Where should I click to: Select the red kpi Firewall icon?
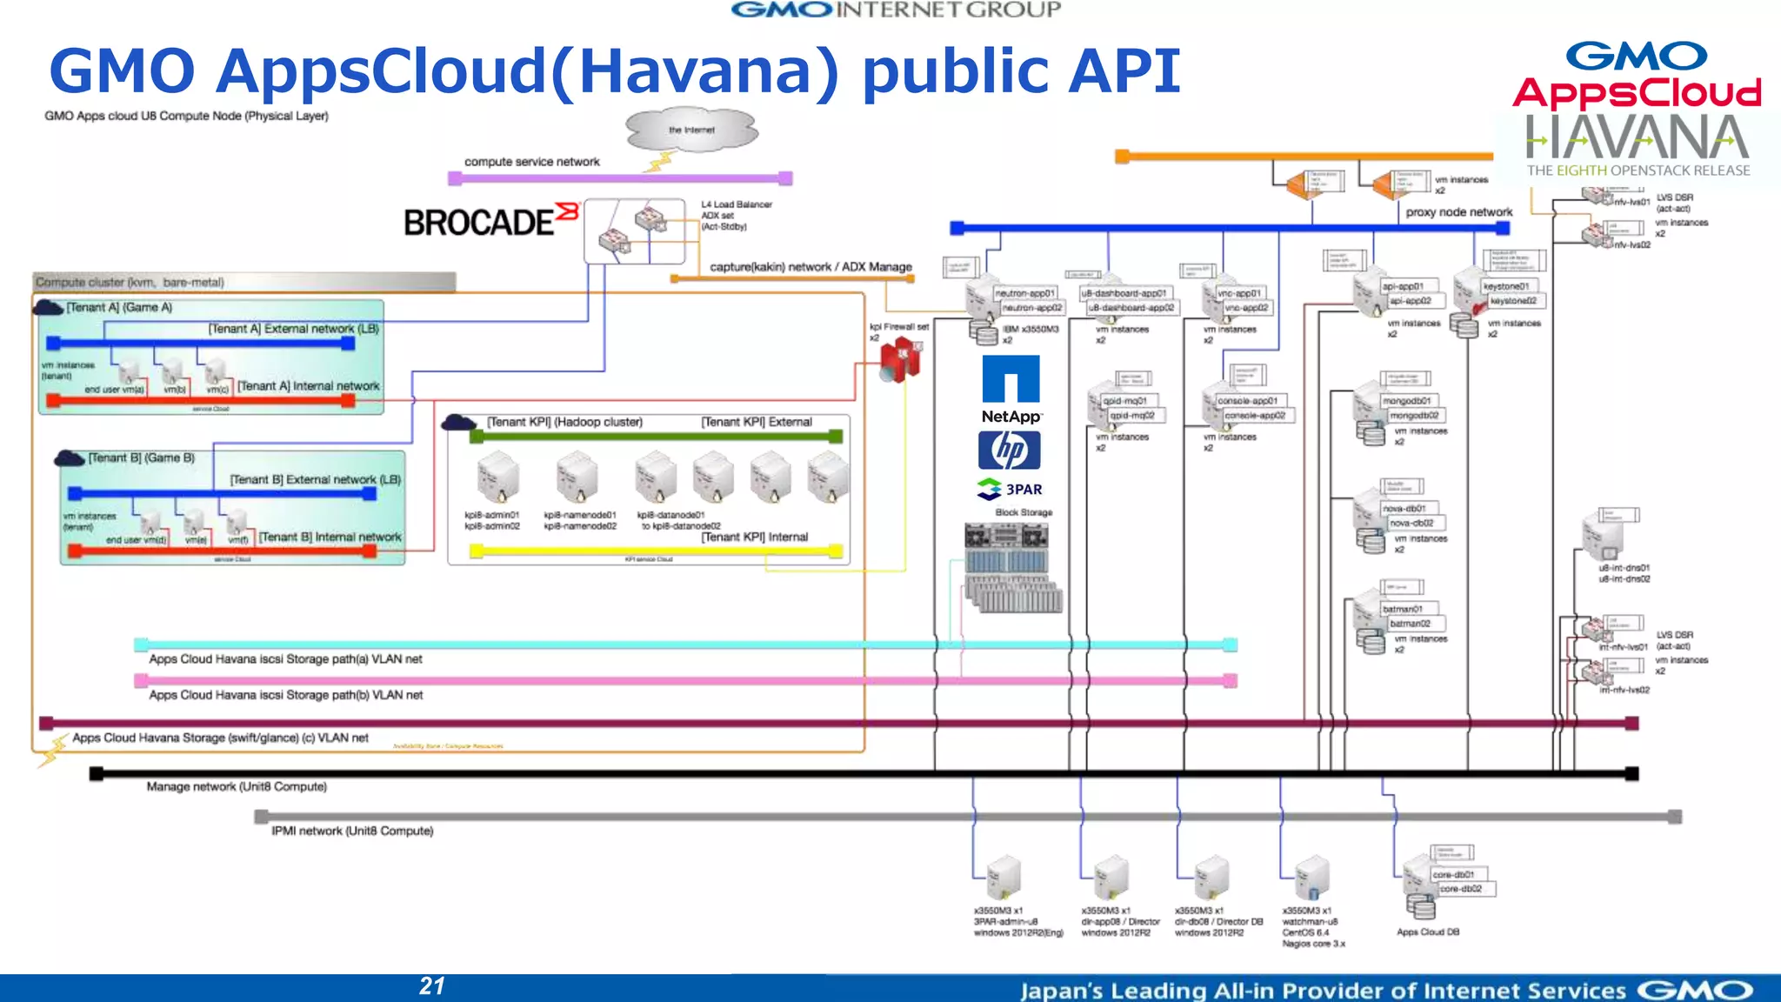click(899, 360)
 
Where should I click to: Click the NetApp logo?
click(1011, 389)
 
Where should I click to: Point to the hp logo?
click(1009, 450)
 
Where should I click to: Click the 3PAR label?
click(1023, 490)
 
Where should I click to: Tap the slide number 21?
click(432, 985)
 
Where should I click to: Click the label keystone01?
click(1505, 286)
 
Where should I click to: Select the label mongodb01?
click(1406, 401)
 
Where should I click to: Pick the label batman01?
click(1402, 609)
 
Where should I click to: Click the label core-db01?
click(1453, 874)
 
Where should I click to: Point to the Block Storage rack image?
click(1012, 570)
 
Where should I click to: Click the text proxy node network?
click(1458, 212)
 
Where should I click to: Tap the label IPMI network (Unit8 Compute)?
click(352, 831)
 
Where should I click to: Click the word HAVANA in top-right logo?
click(1637, 139)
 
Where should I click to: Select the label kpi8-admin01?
click(491, 515)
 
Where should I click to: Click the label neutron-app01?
click(1024, 293)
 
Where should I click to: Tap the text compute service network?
click(531, 162)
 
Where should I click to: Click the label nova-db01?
click(1407, 508)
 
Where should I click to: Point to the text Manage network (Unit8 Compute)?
click(237, 786)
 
